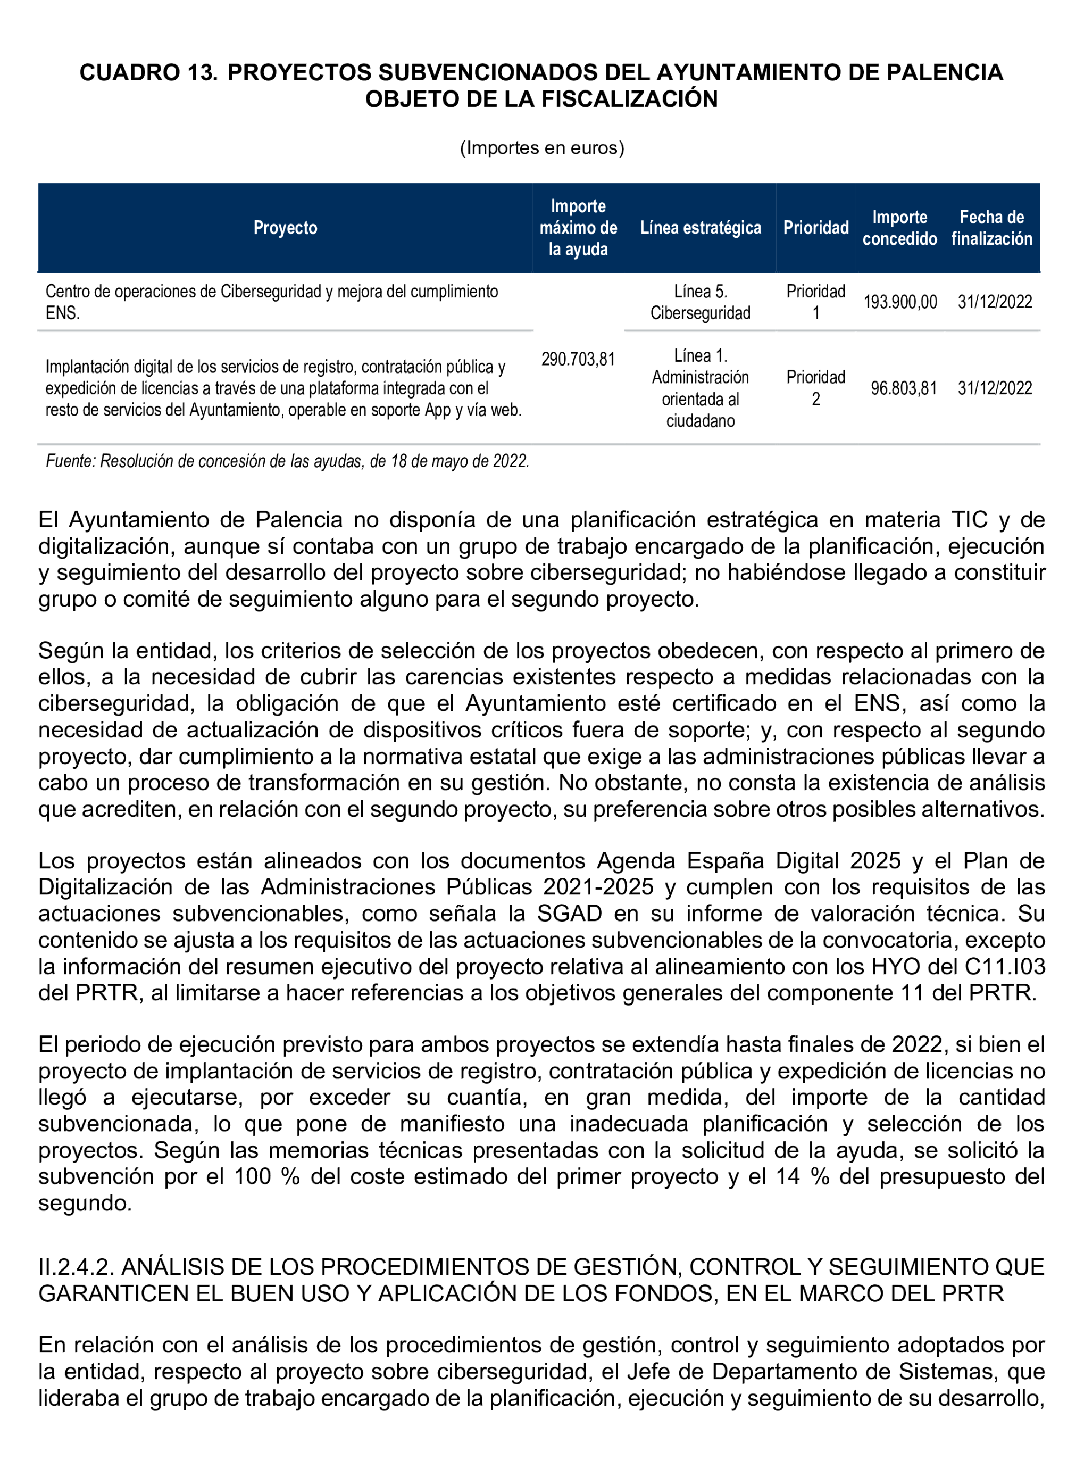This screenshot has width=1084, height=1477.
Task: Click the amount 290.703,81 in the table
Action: tap(578, 359)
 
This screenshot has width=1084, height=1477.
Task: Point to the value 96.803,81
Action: tap(903, 388)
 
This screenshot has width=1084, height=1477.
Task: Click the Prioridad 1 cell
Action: tap(815, 302)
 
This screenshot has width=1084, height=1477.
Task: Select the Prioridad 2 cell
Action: tap(815, 388)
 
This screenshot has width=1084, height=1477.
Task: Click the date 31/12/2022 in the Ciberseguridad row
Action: tap(995, 302)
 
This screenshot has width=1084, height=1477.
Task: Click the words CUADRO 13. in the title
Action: tap(148, 72)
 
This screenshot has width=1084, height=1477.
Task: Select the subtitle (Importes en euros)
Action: tap(542, 148)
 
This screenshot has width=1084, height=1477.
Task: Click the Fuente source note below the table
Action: tap(287, 461)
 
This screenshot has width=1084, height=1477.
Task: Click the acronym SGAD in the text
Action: tap(569, 914)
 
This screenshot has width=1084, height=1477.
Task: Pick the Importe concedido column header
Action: tap(899, 228)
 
